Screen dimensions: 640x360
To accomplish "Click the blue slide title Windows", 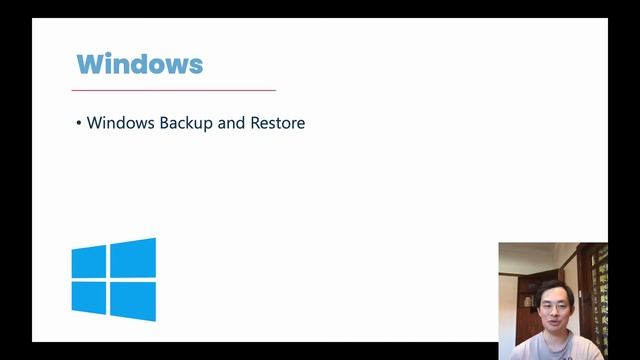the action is pos(140,64).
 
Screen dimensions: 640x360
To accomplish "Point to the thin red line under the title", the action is pos(174,90).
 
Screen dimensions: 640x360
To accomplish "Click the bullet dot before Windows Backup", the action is pos(79,123).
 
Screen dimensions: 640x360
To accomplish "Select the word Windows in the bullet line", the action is pos(120,123).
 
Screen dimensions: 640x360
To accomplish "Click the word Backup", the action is pos(186,123).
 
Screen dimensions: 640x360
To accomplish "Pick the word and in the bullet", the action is pos(231,123).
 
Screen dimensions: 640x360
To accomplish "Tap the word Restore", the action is pos(278,123).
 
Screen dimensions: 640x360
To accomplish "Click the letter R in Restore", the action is pos(255,123).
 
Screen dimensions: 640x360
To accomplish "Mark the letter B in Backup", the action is pos(164,123).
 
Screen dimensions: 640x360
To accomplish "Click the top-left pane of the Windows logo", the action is pos(89,262).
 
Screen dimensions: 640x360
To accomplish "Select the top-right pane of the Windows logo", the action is pos(133,258).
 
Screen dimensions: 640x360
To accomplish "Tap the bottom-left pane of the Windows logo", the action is pos(89,298).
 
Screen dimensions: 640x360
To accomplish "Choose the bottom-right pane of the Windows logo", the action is pos(133,301).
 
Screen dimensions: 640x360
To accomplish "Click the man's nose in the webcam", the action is pos(555,312).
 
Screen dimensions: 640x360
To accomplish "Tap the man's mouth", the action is pos(554,322).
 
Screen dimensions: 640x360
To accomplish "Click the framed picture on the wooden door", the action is pos(528,302).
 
